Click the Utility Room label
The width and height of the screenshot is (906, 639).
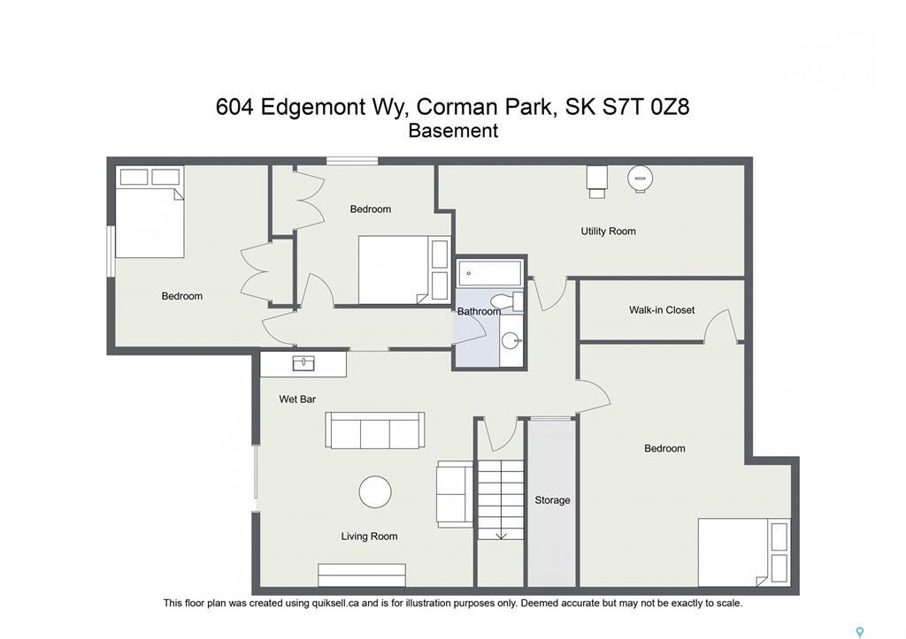point(608,232)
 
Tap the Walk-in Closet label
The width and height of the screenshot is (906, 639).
point(662,310)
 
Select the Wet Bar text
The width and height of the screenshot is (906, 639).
point(297,399)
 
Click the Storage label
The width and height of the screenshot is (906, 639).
point(552,500)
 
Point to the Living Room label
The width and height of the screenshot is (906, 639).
point(369,536)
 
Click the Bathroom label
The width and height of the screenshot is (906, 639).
point(479,311)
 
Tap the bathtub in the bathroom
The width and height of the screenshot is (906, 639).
point(490,272)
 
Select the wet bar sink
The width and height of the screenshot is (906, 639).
point(303,363)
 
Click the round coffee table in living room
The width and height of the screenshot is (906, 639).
point(375,492)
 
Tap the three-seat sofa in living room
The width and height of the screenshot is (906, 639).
point(375,430)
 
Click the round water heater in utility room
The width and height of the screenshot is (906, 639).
point(640,178)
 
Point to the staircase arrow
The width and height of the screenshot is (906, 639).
point(501,533)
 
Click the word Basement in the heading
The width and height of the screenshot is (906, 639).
point(453,131)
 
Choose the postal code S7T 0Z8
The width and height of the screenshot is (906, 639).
point(646,108)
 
